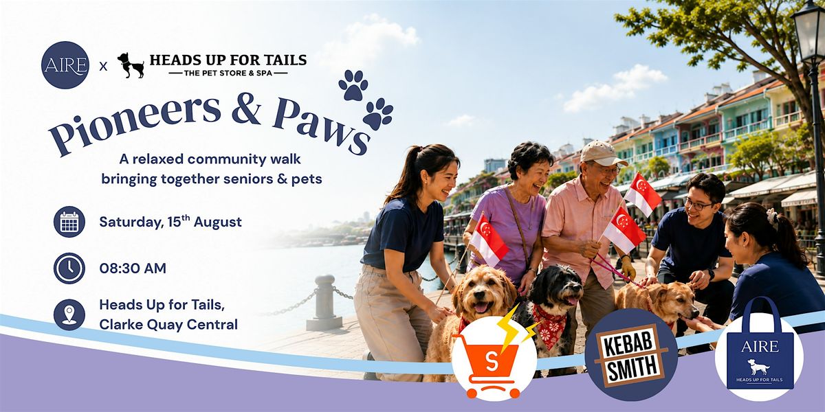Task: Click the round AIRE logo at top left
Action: pos(65,65)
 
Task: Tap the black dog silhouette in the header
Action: pos(131,65)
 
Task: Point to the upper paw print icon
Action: pos(353,85)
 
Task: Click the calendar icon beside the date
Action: pos(69,222)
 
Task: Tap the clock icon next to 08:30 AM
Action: pos(69,268)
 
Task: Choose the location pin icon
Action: pos(69,314)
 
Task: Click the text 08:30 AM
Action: pos(133,268)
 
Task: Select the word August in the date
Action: pos(218,222)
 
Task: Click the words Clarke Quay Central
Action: pos(168,324)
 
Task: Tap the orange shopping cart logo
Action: pos(494,358)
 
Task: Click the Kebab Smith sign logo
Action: pos(631,354)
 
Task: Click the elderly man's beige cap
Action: pos(602,153)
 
